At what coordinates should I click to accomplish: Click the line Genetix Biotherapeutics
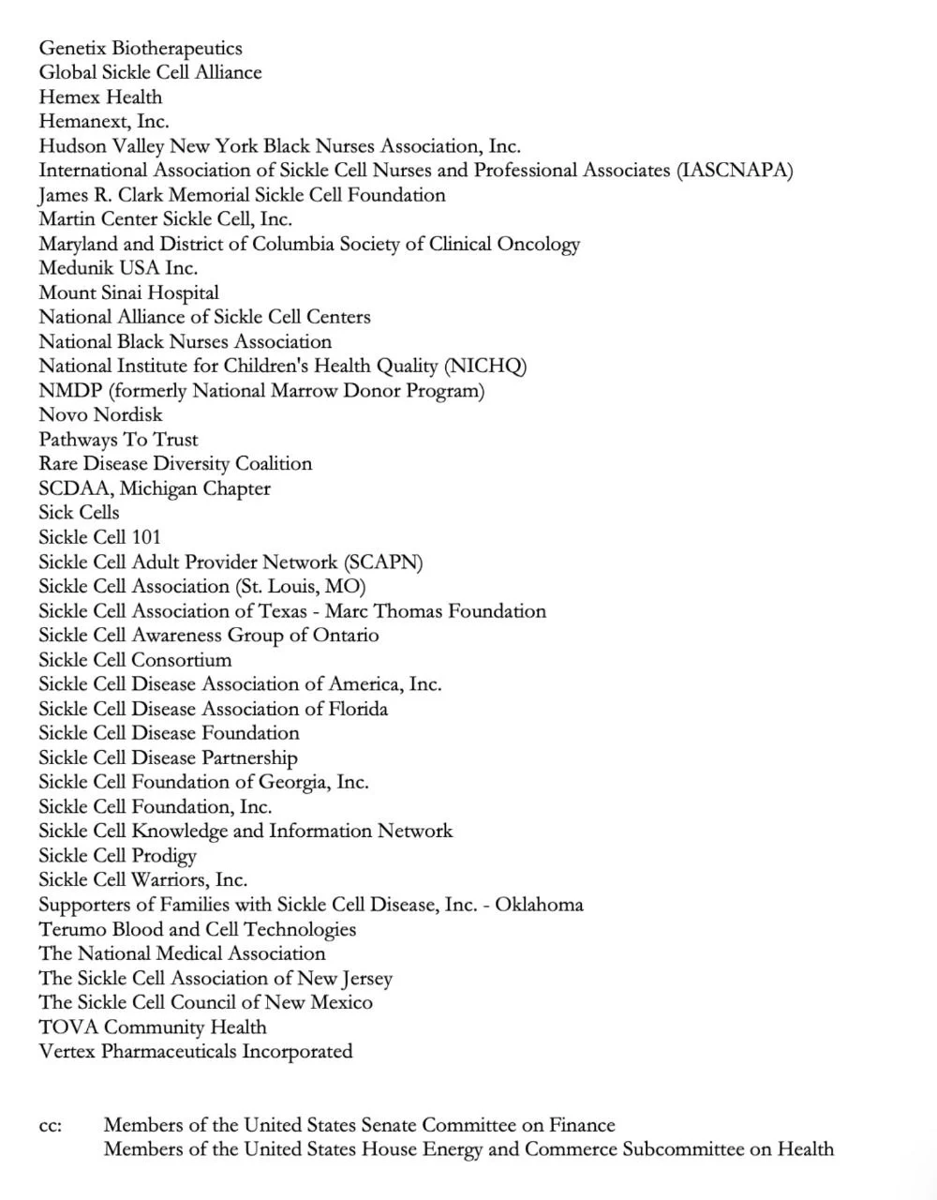click(141, 49)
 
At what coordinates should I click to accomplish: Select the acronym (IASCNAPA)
click(735, 171)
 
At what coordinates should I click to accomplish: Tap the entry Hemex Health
click(100, 97)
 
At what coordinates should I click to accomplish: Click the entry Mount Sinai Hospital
click(128, 292)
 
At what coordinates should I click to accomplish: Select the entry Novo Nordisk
click(100, 414)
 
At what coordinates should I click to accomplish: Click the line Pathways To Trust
click(118, 440)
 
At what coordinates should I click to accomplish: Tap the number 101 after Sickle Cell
click(145, 537)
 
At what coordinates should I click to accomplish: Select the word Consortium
click(181, 660)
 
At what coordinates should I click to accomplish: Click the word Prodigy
click(164, 856)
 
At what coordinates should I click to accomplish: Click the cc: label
click(51, 1125)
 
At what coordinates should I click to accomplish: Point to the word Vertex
click(67, 1051)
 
